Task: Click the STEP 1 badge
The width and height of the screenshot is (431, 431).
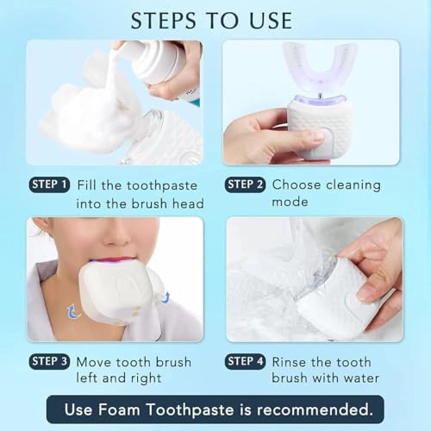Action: [49, 184]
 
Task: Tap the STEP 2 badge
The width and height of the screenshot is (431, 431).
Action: [246, 184]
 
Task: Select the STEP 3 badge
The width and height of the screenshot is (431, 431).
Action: [49, 361]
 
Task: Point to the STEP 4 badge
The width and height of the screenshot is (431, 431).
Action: [246, 361]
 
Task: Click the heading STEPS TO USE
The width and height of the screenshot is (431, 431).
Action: [211, 20]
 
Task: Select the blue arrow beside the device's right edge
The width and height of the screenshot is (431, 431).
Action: [166, 298]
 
